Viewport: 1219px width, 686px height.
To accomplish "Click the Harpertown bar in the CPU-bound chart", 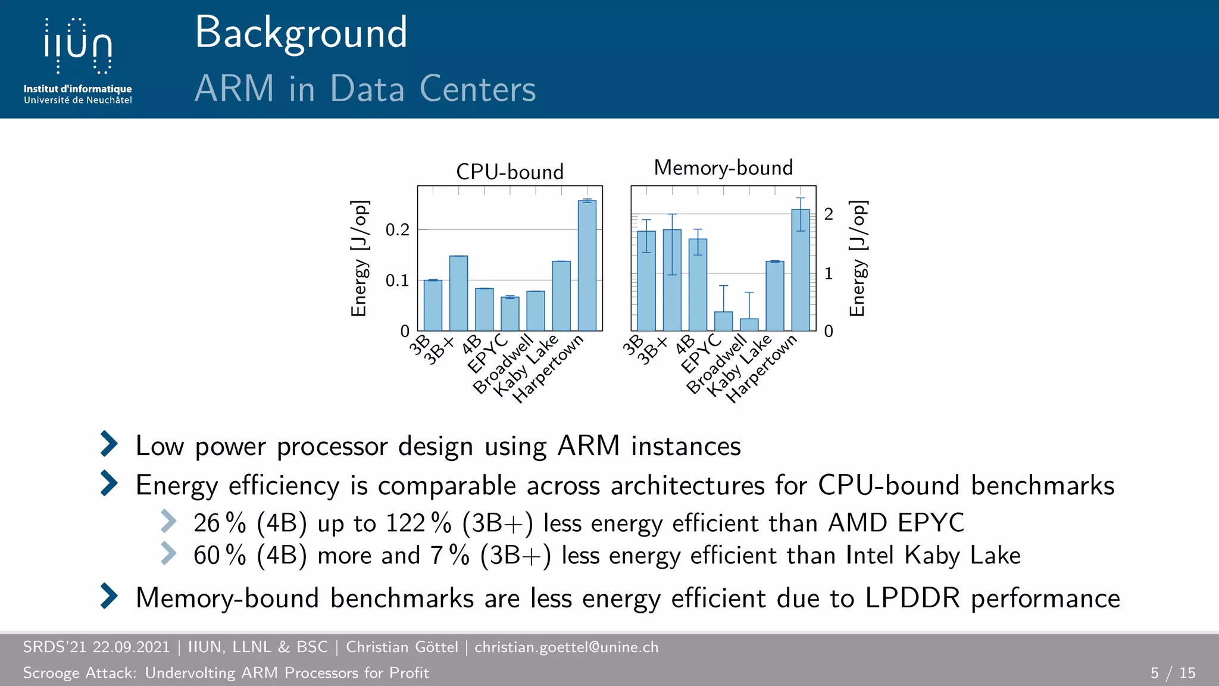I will click(x=587, y=266).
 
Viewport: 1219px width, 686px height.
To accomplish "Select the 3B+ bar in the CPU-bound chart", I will click(x=458, y=293).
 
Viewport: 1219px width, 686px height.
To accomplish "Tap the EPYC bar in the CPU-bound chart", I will click(x=510, y=314).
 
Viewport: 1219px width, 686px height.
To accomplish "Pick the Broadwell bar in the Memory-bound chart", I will click(x=749, y=325).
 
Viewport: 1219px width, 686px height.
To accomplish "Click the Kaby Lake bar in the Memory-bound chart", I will click(x=774, y=296).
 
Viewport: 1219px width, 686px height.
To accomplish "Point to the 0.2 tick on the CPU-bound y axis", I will click(x=397, y=230).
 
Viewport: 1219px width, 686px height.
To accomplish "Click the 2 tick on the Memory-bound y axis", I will click(x=829, y=214).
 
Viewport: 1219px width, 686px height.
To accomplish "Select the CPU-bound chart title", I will click(x=510, y=172).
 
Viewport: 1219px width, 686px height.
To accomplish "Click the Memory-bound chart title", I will click(x=723, y=168).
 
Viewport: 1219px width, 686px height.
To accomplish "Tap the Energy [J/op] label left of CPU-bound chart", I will click(x=360, y=258).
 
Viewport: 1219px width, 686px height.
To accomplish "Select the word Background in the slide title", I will click(x=301, y=33).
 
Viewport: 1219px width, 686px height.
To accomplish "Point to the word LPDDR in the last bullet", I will click(x=912, y=598).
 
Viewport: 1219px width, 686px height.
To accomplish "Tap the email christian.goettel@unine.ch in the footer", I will click(x=566, y=647).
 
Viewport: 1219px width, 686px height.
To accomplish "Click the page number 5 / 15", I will click(x=1173, y=673).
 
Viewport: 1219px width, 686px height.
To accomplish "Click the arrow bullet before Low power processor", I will click(x=109, y=444).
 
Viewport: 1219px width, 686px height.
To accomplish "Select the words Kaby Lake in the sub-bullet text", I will click(x=962, y=556).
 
